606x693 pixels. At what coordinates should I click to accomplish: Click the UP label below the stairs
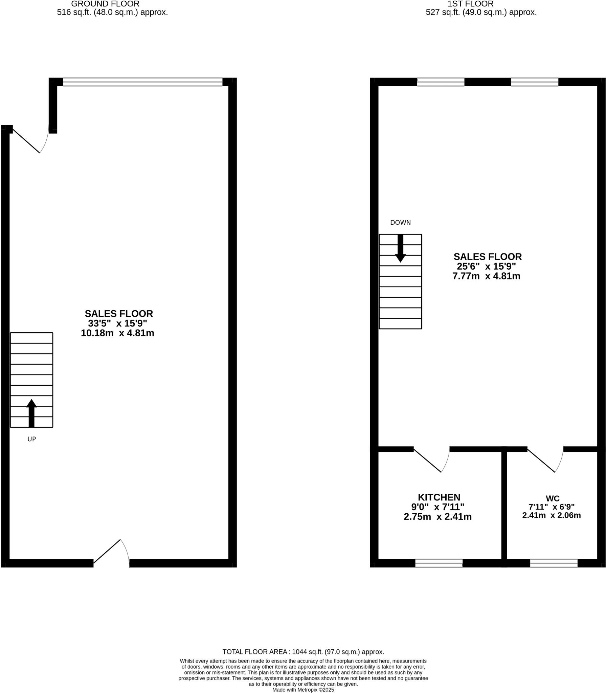point(31,439)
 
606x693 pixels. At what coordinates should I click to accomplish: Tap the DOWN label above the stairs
point(400,223)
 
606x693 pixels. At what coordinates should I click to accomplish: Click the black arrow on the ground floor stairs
point(31,413)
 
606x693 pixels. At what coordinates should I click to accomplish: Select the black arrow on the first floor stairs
point(400,248)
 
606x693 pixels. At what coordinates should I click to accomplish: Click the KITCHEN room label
point(439,497)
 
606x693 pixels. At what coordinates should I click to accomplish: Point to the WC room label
point(552,498)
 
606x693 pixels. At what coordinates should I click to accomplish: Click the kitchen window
point(439,563)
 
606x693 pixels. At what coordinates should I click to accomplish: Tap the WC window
point(554,563)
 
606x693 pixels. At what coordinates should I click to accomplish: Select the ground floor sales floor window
point(142,82)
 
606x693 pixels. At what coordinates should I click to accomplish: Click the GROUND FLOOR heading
point(105,4)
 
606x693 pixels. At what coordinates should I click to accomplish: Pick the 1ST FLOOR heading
point(470,4)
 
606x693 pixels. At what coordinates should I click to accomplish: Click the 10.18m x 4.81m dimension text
point(117,333)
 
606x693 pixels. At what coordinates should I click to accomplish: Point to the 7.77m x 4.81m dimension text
point(486,276)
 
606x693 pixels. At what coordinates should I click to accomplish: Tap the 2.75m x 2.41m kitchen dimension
point(437,517)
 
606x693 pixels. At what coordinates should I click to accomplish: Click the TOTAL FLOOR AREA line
point(303,652)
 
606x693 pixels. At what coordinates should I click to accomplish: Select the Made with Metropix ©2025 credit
point(303,690)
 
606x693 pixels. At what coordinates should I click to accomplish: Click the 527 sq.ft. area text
point(481,13)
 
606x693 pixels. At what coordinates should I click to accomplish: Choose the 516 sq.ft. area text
point(112,13)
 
